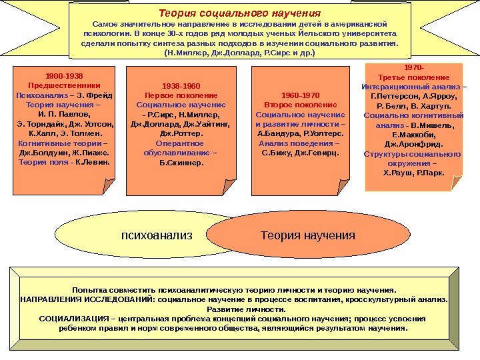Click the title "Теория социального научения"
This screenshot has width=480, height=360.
(x=239, y=13)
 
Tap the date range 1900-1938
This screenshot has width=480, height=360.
(x=64, y=76)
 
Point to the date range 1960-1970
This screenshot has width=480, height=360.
(x=301, y=95)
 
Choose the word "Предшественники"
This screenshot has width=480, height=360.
(x=64, y=85)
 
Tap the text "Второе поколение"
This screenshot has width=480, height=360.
(x=301, y=105)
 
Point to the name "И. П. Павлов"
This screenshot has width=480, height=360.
(x=64, y=114)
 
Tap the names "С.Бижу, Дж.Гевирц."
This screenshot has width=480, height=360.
(x=301, y=152)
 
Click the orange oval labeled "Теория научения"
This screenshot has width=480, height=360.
(x=307, y=235)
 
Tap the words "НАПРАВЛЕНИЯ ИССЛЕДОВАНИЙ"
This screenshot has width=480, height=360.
(x=71, y=300)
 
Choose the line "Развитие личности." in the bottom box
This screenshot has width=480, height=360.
(x=239, y=309)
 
